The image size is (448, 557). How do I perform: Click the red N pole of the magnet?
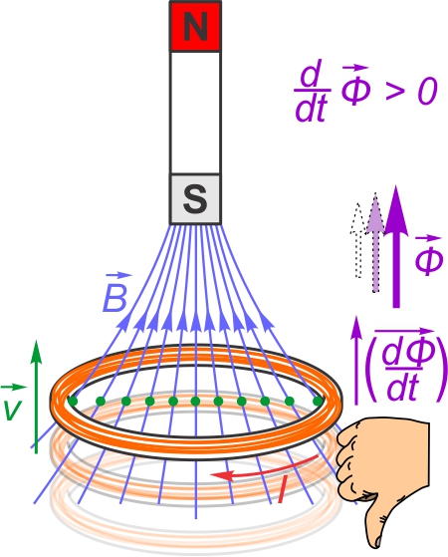[x=195, y=26]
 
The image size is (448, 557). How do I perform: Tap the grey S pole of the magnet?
[x=195, y=199]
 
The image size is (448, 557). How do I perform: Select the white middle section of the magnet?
[x=195, y=113]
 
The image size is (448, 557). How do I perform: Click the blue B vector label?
[x=116, y=292]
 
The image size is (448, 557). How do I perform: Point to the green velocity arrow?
[x=36, y=397]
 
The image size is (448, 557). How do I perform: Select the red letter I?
[x=283, y=490]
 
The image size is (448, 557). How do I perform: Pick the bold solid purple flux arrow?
[x=396, y=246]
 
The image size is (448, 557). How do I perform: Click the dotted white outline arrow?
[x=357, y=240]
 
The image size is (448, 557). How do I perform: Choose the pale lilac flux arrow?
[x=375, y=242]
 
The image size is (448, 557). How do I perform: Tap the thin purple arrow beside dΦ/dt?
[x=357, y=361]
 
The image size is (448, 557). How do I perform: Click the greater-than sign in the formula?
[x=395, y=92]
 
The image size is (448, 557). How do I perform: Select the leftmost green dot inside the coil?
[x=73, y=402]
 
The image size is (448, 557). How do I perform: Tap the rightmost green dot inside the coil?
[x=318, y=402]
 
